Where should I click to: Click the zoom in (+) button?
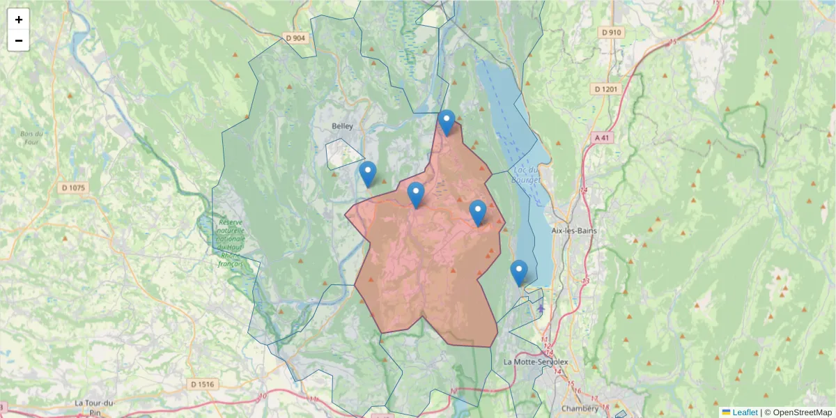pos(19,20)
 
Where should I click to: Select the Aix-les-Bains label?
pos(574,231)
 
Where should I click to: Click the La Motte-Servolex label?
pos(536,362)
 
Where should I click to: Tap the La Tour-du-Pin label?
pos(94,403)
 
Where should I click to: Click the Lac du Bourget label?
pos(526,174)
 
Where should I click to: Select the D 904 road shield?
pos(295,38)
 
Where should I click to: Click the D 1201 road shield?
pos(606,89)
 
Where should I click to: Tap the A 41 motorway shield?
pos(602,138)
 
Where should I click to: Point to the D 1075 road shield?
pos(72,187)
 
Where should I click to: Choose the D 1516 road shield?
pos(203,384)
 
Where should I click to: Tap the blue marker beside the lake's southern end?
pos(518,272)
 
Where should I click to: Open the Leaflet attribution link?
pos(745,412)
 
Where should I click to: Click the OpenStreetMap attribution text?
pos(802,412)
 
